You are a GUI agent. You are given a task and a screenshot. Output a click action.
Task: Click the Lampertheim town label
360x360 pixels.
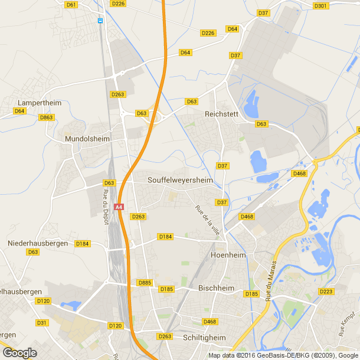(40, 103)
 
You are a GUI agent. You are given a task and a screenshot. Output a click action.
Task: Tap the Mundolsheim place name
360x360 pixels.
(83, 139)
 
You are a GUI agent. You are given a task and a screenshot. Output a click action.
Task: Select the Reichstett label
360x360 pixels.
(220, 113)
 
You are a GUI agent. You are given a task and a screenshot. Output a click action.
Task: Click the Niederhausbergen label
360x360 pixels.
(38, 243)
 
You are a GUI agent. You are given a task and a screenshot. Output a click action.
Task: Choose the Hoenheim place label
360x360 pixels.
(227, 256)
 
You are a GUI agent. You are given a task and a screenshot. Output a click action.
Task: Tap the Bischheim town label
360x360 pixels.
(217, 288)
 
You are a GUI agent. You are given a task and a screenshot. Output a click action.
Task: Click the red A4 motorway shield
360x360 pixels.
(119, 207)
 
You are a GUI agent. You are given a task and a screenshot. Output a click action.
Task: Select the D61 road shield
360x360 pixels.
(71, 4)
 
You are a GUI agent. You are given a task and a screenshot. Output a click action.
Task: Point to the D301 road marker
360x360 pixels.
(320, 6)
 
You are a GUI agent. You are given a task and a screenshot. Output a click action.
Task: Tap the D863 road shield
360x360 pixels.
(46, 117)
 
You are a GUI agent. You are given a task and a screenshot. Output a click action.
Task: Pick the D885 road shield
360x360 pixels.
(145, 283)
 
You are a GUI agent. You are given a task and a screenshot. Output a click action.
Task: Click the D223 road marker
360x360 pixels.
(326, 292)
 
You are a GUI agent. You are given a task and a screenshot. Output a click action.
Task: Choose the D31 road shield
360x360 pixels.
(41, 323)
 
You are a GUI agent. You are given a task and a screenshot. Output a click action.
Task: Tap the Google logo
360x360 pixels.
(19, 353)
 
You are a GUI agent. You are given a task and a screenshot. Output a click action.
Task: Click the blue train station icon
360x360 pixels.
(100, 20)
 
